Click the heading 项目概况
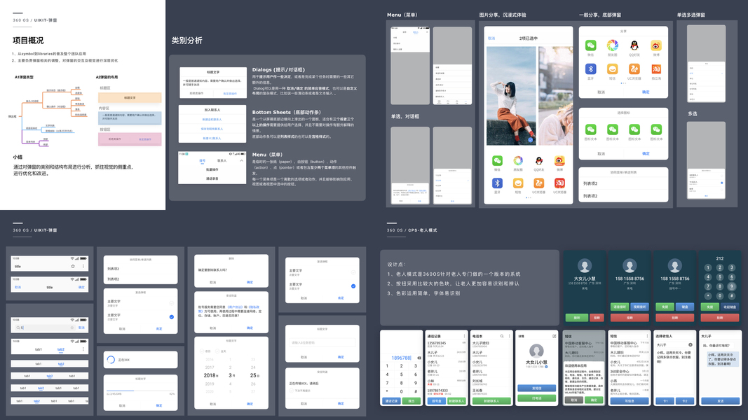click(28, 40)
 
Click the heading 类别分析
click(186, 41)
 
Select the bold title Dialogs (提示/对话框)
click(278, 70)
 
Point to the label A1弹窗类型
click(25, 77)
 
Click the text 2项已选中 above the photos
click(528, 38)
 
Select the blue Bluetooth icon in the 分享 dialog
click(590, 69)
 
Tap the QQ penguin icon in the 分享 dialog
click(634, 45)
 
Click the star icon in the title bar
click(73, 266)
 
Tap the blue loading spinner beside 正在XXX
click(111, 360)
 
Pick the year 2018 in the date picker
click(210, 375)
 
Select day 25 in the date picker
click(254, 375)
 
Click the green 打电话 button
click(536, 398)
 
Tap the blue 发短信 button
click(536, 388)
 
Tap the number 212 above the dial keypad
click(719, 259)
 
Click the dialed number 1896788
click(401, 357)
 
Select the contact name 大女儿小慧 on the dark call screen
click(583, 279)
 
